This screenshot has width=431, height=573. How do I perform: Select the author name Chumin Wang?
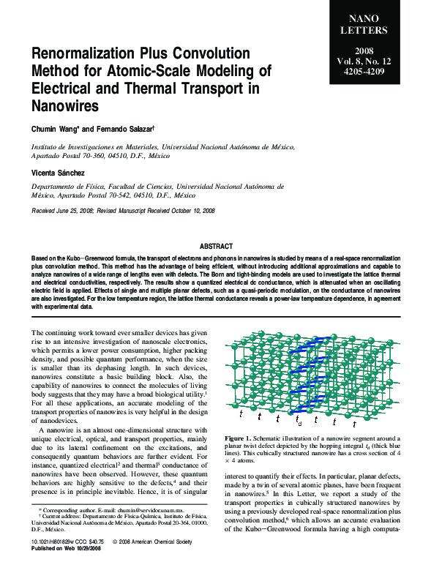tap(53, 129)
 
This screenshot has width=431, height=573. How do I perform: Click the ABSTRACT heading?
tap(216, 247)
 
